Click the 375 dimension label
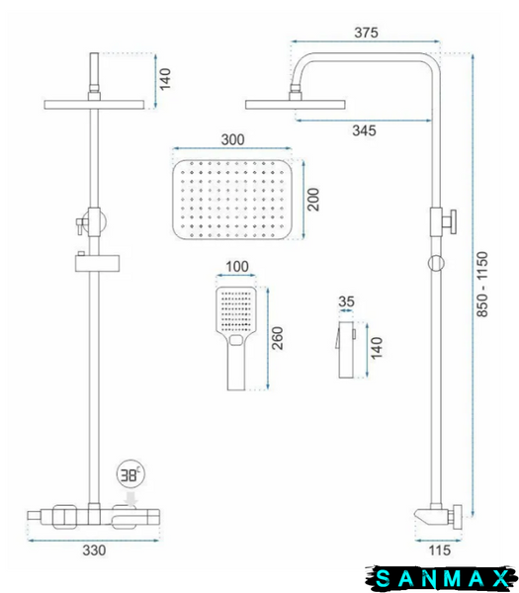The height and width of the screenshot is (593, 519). (x=366, y=33)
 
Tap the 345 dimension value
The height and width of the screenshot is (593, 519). (x=364, y=130)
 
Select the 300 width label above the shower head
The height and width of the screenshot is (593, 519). (x=232, y=139)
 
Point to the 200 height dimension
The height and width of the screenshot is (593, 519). (x=313, y=200)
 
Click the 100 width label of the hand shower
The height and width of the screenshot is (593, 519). (x=237, y=267)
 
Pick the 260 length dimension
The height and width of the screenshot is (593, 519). (x=277, y=338)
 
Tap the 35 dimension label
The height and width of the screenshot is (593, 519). (x=346, y=301)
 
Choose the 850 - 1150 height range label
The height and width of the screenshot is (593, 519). (x=482, y=285)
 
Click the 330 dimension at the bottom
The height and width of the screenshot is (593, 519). (x=94, y=551)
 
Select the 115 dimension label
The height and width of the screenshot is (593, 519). (x=440, y=551)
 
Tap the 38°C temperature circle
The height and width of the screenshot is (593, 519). (x=130, y=474)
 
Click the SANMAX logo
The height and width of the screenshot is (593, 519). (x=441, y=578)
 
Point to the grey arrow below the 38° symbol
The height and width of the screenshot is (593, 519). (x=132, y=498)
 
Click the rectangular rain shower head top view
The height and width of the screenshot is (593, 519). (x=232, y=200)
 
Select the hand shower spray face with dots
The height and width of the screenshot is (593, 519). (x=236, y=310)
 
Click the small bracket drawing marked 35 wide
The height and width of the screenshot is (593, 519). (x=346, y=350)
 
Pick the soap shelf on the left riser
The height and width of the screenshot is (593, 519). (x=97, y=263)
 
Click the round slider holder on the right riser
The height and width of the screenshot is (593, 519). (x=436, y=263)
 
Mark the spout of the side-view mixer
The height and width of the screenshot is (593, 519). (x=425, y=515)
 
